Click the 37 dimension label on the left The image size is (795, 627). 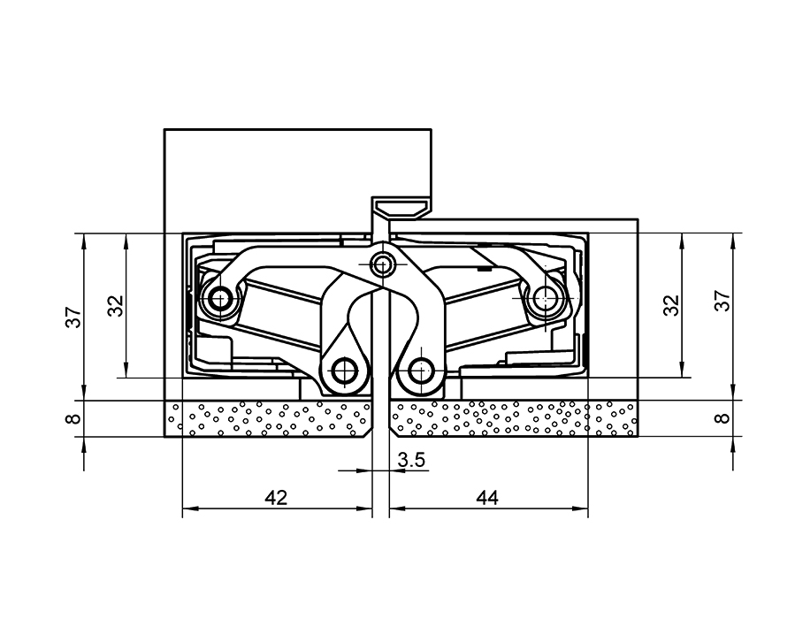coord(74,317)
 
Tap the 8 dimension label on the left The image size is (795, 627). coord(74,418)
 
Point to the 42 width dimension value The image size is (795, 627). coord(276,498)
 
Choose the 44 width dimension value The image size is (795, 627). coord(486,498)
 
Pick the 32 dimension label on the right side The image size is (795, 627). coord(672,305)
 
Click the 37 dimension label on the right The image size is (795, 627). coord(722,301)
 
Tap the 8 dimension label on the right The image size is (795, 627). coord(722,418)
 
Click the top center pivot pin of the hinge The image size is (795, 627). coord(382,264)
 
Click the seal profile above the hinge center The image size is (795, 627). coord(400,209)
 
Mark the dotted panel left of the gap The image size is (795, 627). coord(274,418)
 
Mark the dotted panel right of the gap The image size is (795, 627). coord(513,418)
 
